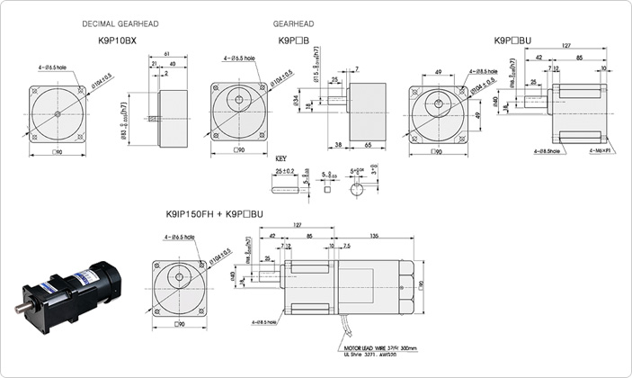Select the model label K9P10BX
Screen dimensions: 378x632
(117, 40)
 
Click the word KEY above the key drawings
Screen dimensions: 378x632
(280, 157)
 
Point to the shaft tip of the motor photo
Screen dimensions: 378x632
(18, 310)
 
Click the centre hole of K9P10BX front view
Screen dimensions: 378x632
(58, 112)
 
